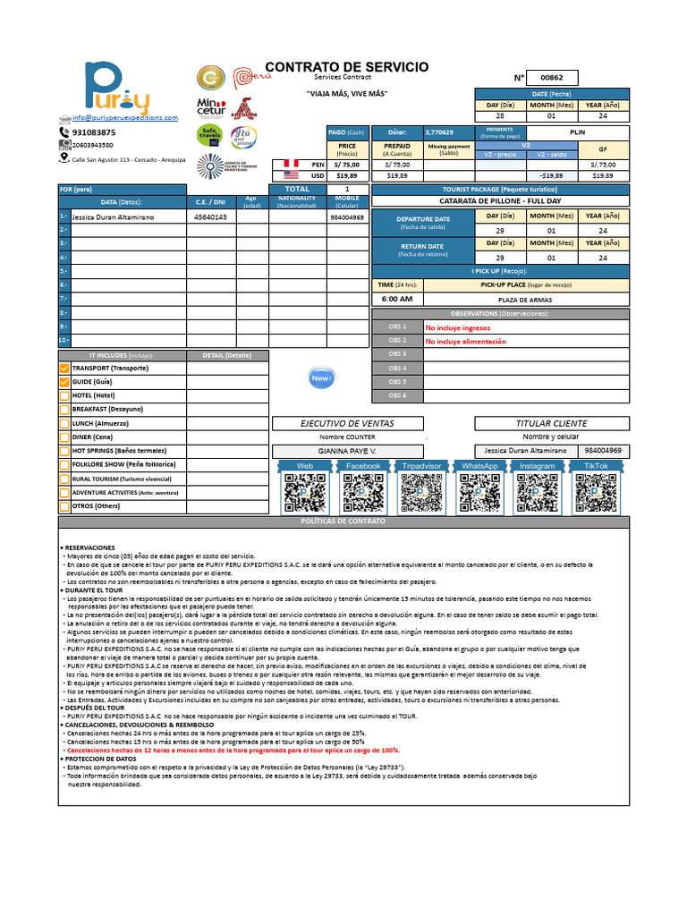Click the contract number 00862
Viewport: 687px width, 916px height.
552,78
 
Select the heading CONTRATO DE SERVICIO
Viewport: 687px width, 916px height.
347,67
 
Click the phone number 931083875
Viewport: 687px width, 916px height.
93,132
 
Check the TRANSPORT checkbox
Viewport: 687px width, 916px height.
64,369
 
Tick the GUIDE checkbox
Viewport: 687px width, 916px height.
64,382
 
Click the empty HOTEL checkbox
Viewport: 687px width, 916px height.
64,395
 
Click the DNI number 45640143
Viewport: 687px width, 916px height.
210,217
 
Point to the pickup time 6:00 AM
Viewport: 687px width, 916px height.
396,299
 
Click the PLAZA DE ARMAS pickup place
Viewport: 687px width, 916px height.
525,300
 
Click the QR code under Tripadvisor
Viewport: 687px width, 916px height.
421,493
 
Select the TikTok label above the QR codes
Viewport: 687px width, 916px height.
596,466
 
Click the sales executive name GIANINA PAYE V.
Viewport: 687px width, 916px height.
348,452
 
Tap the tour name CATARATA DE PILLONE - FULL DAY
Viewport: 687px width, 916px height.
500,201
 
